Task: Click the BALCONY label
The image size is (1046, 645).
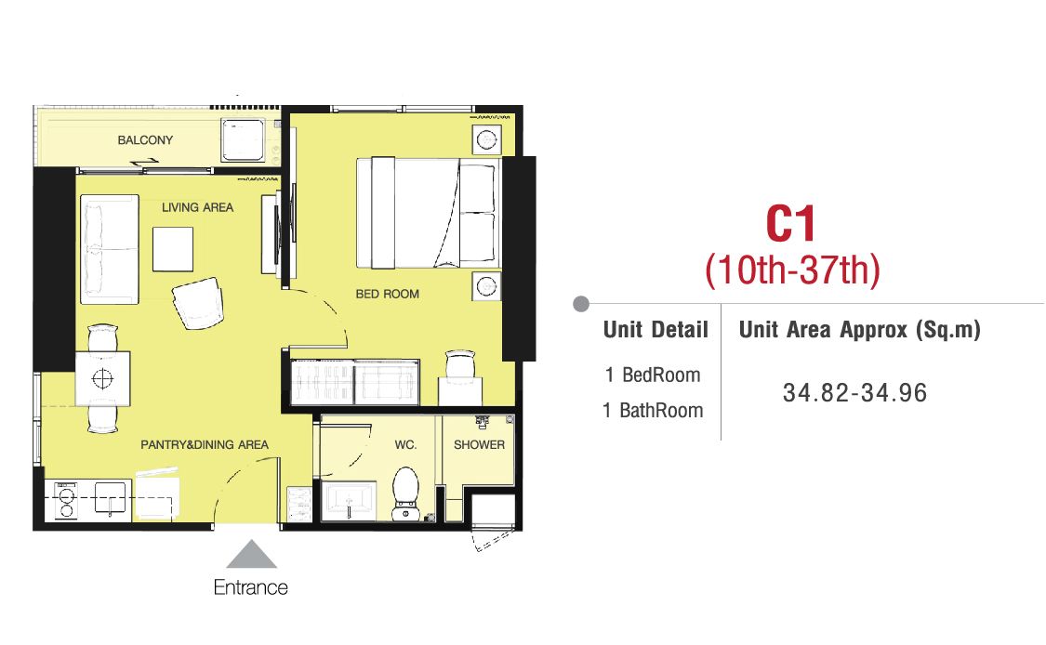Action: pyautogui.click(x=145, y=140)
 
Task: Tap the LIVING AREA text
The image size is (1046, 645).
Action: pyautogui.click(x=197, y=207)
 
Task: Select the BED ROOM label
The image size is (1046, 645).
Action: pyautogui.click(x=387, y=294)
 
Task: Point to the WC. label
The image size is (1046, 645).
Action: pyautogui.click(x=405, y=444)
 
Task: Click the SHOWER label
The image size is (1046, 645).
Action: pyautogui.click(x=479, y=444)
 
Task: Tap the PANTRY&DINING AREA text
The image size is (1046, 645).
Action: pyautogui.click(x=205, y=444)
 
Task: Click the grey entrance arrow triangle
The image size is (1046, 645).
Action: pyautogui.click(x=251, y=554)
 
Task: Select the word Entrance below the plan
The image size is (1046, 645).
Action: pyautogui.click(x=251, y=587)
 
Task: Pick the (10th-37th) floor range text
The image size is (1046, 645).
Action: pyautogui.click(x=792, y=270)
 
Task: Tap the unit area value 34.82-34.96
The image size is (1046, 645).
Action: pyautogui.click(x=854, y=393)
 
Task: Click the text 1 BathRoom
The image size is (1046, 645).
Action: pyautogui.click(x=653, y=410)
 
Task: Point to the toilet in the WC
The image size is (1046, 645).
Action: pyautogui.click(x=405, y=494)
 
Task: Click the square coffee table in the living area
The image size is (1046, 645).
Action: pyautogui.click(x=173, y=249)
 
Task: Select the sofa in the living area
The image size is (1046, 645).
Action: pyautogui.click(x=110, y=249)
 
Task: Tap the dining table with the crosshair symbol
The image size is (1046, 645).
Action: pyautogui.click(x=102, y=379)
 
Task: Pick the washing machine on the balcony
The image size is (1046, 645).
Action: pyautogui.click(x=243, y=140)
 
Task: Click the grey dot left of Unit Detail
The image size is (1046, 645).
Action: pyautogui.click(x=581, y=304)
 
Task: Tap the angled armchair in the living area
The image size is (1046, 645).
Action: pyautogui.click(x=198, y=303)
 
